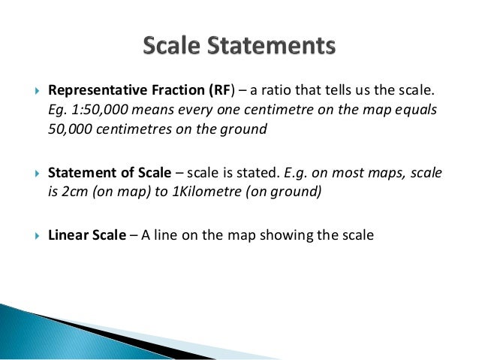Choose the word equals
click(414, 110)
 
